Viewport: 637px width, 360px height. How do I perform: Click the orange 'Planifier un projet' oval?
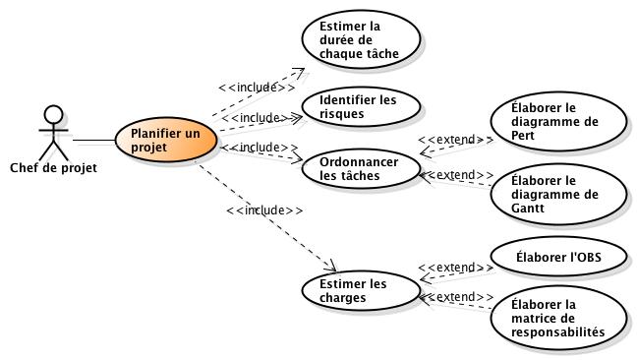coord(166,140)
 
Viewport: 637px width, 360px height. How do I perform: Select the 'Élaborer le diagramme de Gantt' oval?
coord(556,194)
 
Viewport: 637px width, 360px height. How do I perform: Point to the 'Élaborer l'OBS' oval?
coord(556,258)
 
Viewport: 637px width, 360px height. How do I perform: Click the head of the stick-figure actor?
coord(53,113)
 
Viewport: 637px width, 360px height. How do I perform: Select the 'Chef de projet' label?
coord(53,167)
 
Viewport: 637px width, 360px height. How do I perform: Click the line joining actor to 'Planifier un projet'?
coord(93,140)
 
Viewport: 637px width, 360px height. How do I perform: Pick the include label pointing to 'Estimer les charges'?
coord(263,210)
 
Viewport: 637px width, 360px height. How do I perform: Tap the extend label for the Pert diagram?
coord(456,140)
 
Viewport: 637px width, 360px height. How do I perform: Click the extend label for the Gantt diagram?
coord(456,175)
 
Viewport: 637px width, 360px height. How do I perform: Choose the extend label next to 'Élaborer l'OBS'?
coord(456,267)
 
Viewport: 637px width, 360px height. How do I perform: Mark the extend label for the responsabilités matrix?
coord(456,297)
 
